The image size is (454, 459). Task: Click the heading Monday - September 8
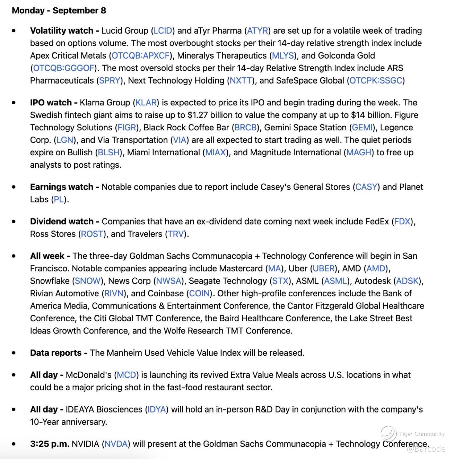pos(59,10)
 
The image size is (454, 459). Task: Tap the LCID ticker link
pos(163,31)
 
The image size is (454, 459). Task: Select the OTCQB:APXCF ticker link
pos(141,56)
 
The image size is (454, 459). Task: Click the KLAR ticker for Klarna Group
pos(147,103)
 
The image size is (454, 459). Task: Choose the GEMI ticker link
pos(362,128)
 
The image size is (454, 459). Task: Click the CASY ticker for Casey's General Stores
pos(366,187)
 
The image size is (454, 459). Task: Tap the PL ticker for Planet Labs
pos(59,200)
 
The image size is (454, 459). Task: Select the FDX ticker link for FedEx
pos(402,222)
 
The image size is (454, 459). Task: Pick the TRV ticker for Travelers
pos(176,234)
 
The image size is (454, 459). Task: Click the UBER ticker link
pos(324,269)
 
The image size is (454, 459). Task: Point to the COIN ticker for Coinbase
pos(199,293)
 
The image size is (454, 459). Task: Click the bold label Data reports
pos(56,353)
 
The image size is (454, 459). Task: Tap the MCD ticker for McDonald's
pos(126,375)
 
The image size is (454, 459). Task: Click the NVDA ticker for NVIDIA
pos(116,444)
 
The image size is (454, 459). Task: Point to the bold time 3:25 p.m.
pos(50,444)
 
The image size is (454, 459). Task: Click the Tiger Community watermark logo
pos(389,434)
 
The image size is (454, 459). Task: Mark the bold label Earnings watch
pos(62,187)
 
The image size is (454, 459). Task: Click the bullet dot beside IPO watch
pos(14,103)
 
